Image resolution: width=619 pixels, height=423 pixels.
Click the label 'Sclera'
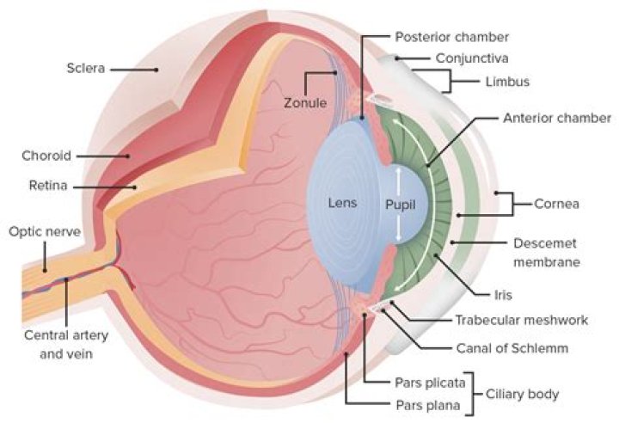point(87,67)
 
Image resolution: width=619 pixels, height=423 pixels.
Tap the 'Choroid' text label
point(46,156)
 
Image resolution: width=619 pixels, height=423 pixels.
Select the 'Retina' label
point(49,185)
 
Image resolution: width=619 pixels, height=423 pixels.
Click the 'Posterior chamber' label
point(451,37)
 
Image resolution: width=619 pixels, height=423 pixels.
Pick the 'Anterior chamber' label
point(556,118)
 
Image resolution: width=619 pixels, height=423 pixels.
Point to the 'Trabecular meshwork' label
point(521,320)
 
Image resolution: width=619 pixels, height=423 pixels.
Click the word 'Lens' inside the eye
point(341,204)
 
